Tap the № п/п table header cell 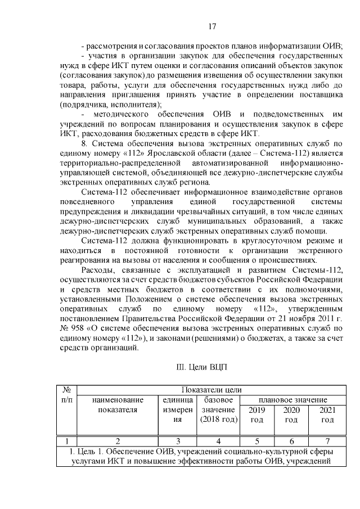click(66, 394)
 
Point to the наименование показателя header click(118, 404)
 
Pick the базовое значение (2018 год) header click(219, 409)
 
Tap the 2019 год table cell click(256, 415)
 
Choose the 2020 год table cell click(291, 415)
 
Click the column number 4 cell click(219, 441)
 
